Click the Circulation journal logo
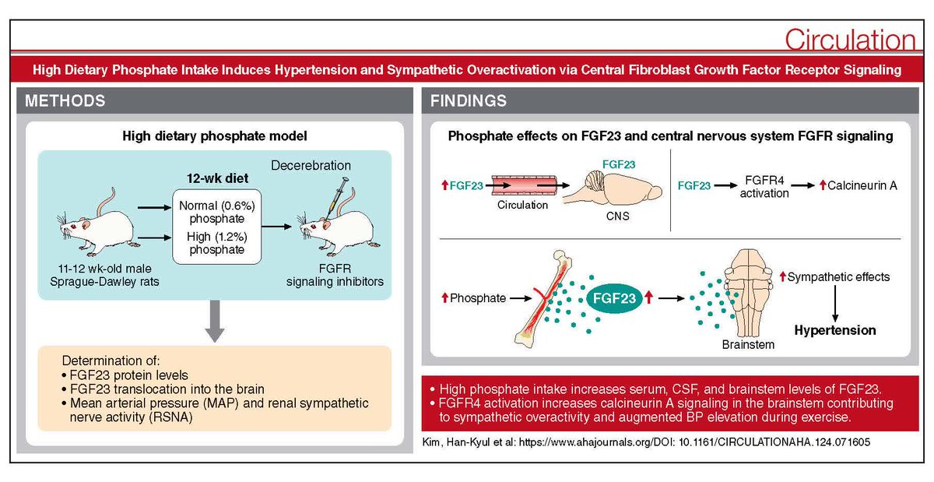[850, 40]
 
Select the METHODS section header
[65, 101]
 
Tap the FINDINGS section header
[469, 101]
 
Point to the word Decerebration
[311, 165]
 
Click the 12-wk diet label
[217, 178]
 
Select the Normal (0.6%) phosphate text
[217, 212]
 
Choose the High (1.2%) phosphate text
[217, 243]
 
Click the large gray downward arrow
[215, 321]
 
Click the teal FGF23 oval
[614, 298]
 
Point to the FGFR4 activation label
[764, 187]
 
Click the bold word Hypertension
[834, 330]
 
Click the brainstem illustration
[749, 293]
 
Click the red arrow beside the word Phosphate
[445, 297]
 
